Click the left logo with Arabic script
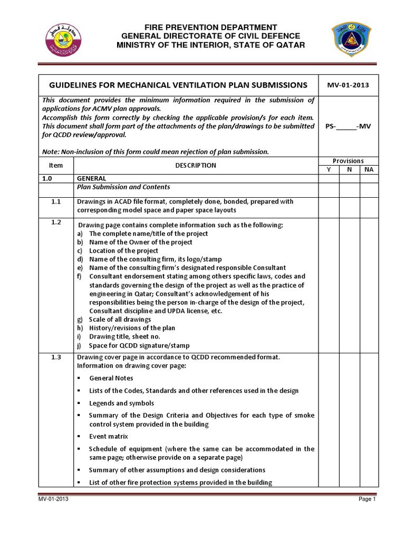tap(62, 39)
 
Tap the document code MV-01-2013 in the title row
tap(348, 85)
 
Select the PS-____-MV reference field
tap(348, 127)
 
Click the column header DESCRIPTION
tap(195, 165)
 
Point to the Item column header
tap(56, 165)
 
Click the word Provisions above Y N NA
tap(348, 161)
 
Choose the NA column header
tap(368, 170)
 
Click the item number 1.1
tap(56, 201)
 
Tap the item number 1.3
tap(56, 357)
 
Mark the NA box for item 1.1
tap(368, 206)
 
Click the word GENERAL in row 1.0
tap(92, 179)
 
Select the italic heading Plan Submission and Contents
tap(123, 187)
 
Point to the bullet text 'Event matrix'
tap(108, 437)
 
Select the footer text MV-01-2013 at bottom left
tap(52, 499)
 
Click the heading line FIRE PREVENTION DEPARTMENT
tap(210, 27)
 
